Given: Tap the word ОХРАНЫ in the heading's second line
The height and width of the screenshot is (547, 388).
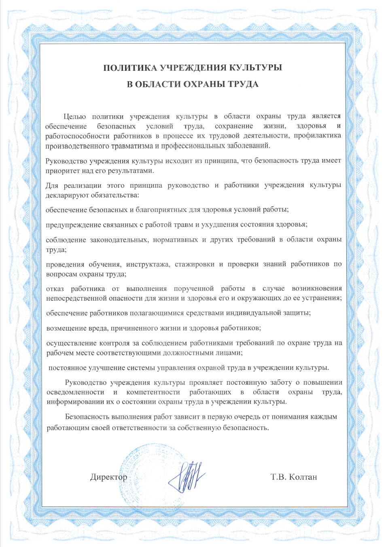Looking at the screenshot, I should [x=204, y=84].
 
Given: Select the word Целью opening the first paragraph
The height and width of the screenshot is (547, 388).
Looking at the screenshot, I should [x=74, y=117].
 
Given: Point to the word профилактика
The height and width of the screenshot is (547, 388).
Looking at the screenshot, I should [x=318, y=136].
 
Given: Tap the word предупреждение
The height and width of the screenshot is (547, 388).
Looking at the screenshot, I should [x=73, y=225].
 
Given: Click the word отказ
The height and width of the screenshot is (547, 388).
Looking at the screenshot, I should [x=55, y=288].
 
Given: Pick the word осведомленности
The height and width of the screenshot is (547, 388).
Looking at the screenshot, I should [x=75, y=392].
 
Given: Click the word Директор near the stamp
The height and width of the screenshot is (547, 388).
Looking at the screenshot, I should [x=108, y=477].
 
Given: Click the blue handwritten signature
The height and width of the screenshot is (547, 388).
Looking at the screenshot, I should [x=187, y=475].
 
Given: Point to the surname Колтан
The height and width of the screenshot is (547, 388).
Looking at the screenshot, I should [x=303, y=477].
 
